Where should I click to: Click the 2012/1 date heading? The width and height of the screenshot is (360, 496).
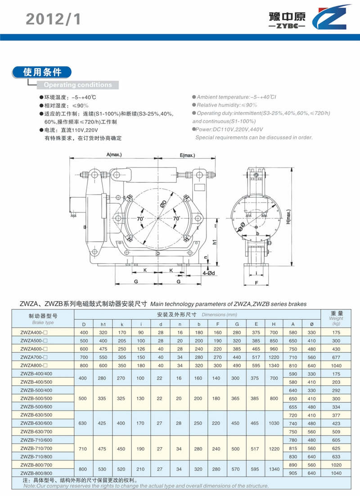click(x=54, y=19)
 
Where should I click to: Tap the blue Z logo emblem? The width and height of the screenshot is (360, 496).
click(x=331, y=17)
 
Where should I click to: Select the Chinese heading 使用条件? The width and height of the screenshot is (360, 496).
click(x=42, y=72)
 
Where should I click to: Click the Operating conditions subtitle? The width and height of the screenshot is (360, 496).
click(x=78, y=85)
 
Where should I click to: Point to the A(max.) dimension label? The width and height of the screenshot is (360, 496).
click(x=114, y=155)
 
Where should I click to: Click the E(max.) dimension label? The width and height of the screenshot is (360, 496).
click(x=187, y=155)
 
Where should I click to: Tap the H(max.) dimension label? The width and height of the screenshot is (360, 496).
click(x=288, y=216)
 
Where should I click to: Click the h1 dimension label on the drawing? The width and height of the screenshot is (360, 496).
click(x=215, y=242)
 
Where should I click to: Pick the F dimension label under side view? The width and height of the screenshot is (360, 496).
click(x=256, y=283)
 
